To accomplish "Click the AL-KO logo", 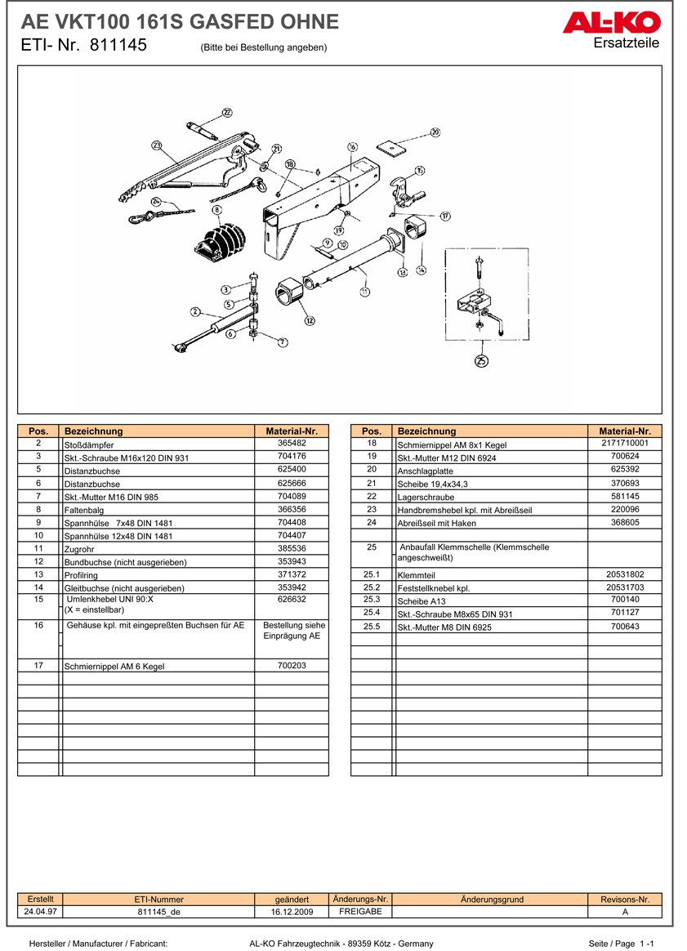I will point(609,23).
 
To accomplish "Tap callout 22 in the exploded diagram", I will point(227,113).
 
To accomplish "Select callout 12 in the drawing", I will point(309,321).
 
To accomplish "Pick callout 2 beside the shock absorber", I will point(195,311).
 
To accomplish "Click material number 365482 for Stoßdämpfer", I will point(291,443).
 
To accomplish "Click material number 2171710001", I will point(624,443).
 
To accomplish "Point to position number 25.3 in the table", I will point(372,600).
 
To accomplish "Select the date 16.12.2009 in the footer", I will point(292,912).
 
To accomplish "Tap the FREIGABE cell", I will point(360,911).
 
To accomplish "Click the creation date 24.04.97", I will point(41,912).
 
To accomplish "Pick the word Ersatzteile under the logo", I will point(627,43).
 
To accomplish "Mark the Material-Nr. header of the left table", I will point(291,431).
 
